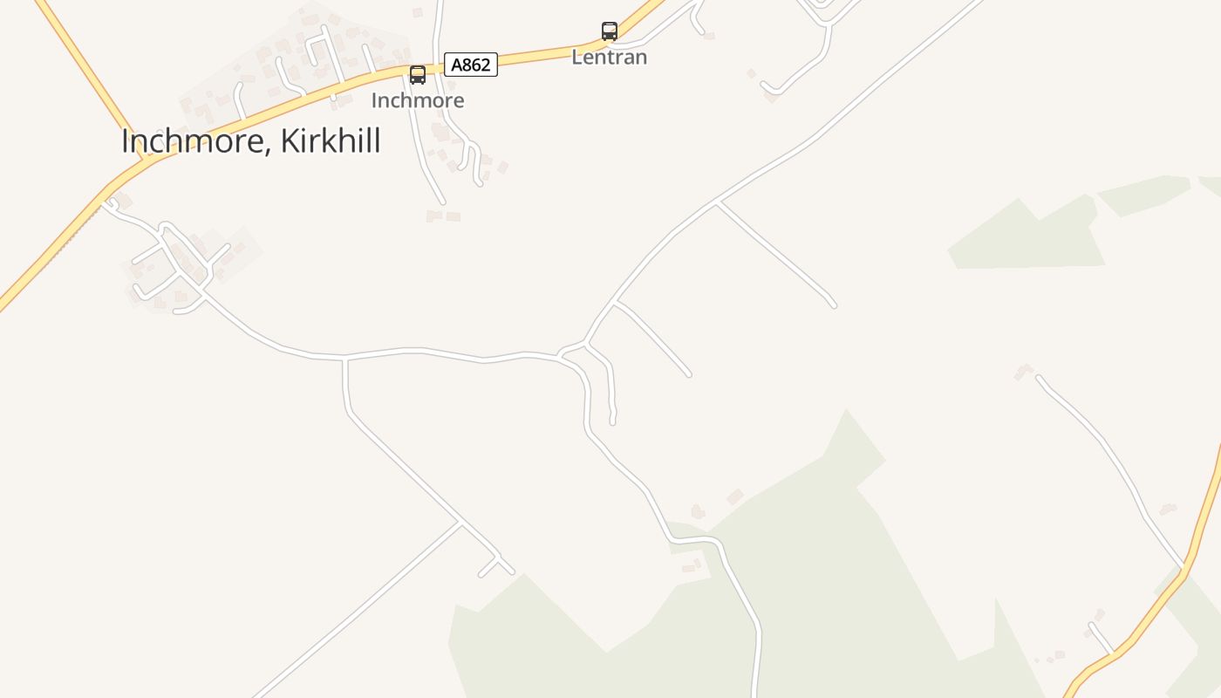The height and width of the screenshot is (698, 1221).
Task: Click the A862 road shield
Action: [471, 65]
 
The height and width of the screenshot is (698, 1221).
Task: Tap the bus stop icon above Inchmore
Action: [418, 74]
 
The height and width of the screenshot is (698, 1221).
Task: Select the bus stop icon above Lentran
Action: [610, 31]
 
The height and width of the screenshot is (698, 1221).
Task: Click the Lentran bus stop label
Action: [610, 58]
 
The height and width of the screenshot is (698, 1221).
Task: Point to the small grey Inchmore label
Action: [418, 100]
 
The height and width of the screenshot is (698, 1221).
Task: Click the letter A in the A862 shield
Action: [456, 65]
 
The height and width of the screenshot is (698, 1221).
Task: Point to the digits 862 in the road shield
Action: [476, 65]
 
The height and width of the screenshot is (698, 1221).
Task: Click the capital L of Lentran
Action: [576, 58]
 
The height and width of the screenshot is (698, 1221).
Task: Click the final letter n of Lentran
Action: [641, 58]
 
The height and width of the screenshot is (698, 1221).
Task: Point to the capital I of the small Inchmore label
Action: [374, 100]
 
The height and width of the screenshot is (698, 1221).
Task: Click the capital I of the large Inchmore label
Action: [126, 141]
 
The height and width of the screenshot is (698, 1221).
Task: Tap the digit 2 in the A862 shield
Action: [488, 65]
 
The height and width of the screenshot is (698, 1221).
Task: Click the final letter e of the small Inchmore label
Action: [459, 101]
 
